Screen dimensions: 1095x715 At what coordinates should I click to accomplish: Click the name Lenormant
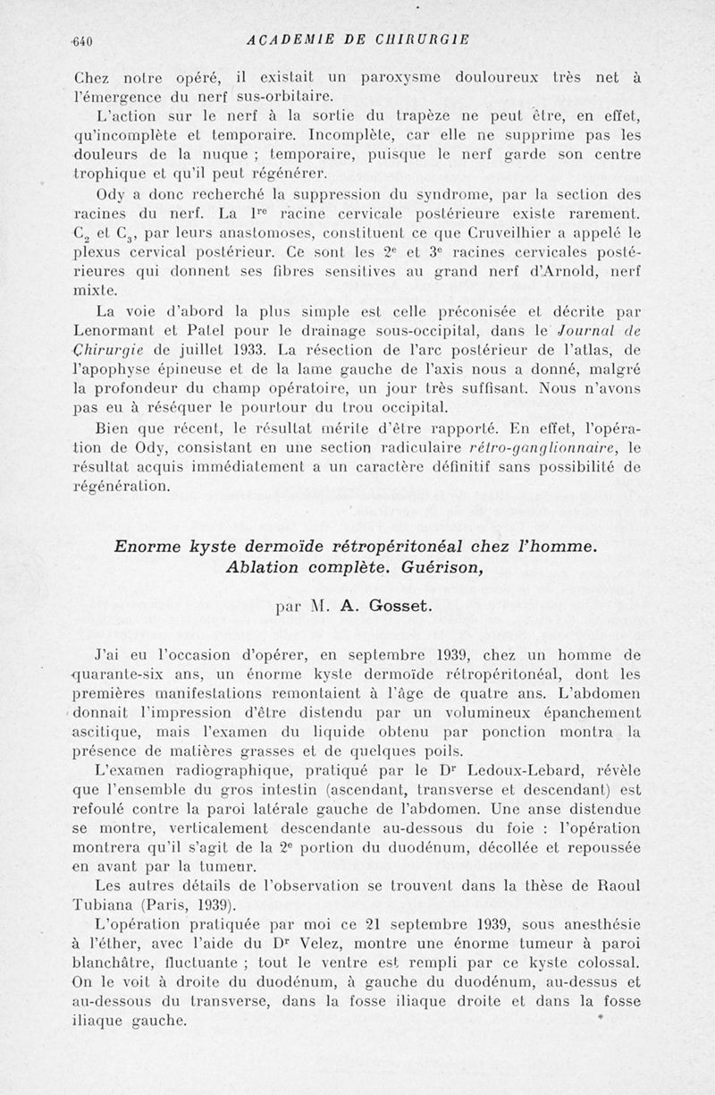112,330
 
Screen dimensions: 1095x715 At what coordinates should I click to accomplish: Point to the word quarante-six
118,674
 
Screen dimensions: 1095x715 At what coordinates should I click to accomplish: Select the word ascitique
107,733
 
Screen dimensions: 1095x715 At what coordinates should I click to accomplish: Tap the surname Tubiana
101,904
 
